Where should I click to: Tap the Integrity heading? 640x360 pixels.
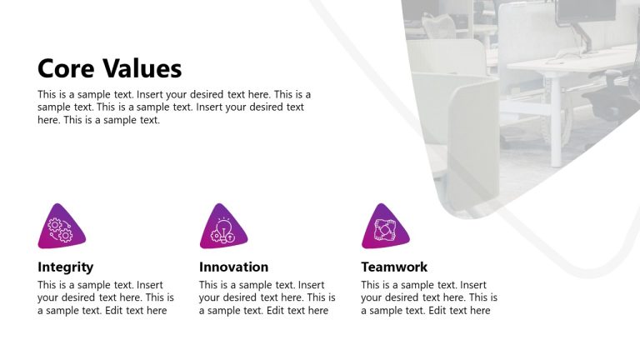pos(66,267)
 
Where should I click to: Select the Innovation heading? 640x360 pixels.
pos(234,267)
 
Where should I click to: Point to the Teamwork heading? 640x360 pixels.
pos(394,267)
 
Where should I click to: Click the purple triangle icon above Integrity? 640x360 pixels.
pos(60,228)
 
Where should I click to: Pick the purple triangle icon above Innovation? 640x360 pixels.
pos(222,228)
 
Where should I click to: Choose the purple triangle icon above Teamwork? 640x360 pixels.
pos(384,228)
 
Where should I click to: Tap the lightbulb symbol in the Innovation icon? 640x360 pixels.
pos(223,226)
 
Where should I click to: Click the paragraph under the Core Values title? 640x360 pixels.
pos(174,107)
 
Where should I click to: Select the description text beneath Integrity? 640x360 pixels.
pos(106,297)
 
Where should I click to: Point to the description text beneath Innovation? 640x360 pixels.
pos(267,297)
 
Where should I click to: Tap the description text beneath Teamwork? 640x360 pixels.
pos(428,297)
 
